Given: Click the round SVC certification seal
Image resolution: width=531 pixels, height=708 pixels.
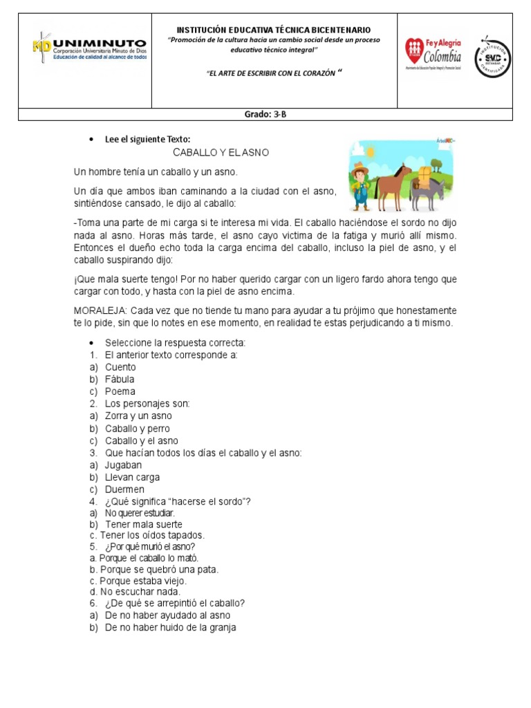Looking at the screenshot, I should [x=492, y=57].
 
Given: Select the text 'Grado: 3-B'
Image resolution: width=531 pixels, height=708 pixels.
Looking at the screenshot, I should [x=265, y=115].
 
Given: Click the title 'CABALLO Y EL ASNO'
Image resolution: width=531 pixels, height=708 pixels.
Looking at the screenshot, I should [x=221, y=152].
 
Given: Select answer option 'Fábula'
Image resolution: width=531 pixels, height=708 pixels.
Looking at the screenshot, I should [x=120, y=379].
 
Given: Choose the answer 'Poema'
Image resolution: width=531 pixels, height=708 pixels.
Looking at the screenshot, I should [x=120, y=391].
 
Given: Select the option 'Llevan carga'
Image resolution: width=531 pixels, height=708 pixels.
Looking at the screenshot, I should [x=132, y=477].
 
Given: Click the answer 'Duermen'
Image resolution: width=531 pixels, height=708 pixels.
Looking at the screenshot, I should [x=124, y=490].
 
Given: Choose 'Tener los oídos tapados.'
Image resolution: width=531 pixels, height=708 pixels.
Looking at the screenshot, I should [x=151, y=535].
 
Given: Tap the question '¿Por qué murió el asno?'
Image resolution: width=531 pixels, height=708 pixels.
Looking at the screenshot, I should [x=150, y=547].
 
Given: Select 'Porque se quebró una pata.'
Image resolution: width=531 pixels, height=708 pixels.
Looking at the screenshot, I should [x=158, y=570].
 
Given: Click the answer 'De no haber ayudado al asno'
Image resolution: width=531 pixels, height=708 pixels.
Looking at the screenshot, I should [x=167, y=615].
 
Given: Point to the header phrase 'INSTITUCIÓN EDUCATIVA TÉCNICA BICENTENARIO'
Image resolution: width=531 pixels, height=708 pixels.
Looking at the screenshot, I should [x=274, y=30].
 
